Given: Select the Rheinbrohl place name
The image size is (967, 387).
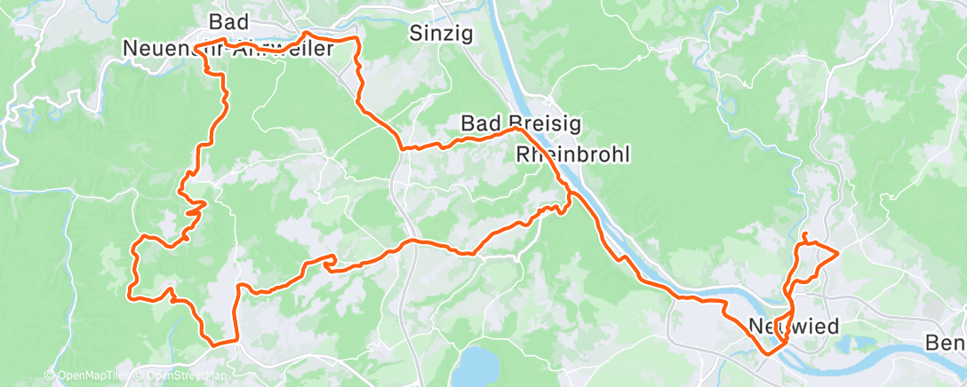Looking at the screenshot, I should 572,154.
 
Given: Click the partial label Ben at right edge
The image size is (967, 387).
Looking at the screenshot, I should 945,343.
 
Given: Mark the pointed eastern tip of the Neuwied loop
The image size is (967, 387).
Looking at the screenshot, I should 838,254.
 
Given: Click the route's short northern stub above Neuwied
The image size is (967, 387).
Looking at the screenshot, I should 803,236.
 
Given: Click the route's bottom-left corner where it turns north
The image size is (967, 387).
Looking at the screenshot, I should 212,342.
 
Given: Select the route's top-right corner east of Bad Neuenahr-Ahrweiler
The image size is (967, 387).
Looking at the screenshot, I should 357,40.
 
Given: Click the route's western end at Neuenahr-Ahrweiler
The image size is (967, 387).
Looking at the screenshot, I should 196,45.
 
